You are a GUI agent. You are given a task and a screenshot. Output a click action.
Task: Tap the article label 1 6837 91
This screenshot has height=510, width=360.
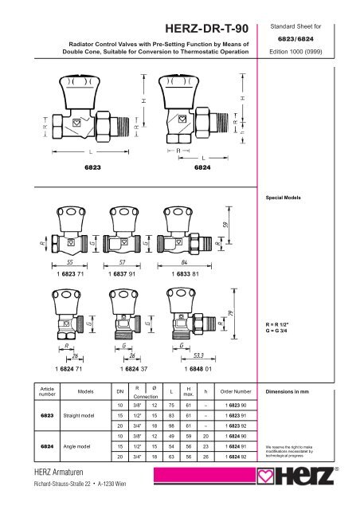pyautogui.click(x=128, y=273)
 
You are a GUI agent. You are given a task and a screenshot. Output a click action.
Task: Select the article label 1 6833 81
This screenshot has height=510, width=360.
pyautogui.click(x=191, y=273)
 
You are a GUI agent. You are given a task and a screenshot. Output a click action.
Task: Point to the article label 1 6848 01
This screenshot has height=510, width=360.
pyautogui.click(x=191, y=369)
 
